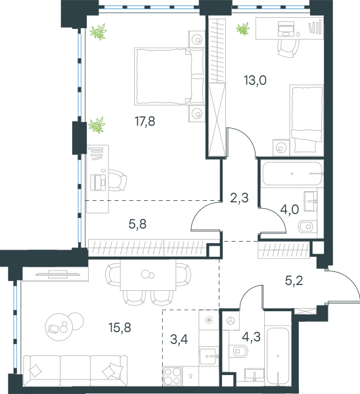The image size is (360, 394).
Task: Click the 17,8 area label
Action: tap(145, 121)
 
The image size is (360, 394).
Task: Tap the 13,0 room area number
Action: tap(255, 80)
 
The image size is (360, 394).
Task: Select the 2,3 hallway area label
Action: tap(239, 198)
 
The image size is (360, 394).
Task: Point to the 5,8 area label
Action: tap(137, 224)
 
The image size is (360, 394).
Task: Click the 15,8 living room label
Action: tap(120, 328)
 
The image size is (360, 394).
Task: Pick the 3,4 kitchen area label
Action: tap(179, 339)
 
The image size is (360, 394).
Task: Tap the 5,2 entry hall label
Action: tap(294, 280)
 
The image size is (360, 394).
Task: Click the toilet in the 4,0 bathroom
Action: tap(307, 227)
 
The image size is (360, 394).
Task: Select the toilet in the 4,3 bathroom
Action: tap(239, 351)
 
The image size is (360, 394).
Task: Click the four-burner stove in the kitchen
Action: tap(173, 376)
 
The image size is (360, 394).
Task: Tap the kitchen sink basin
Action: tap(208, 356)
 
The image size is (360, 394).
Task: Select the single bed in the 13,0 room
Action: tap(306, 120)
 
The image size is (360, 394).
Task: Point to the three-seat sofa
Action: tap(76, 370)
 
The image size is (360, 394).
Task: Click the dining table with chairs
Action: tap(148, 282)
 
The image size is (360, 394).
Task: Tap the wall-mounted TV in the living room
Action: tap(58, 274)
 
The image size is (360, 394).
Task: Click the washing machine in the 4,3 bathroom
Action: tap(231, 320)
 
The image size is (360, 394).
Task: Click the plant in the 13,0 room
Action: tap(243, 29)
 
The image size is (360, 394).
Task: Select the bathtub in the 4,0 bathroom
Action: tap(292, 173)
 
